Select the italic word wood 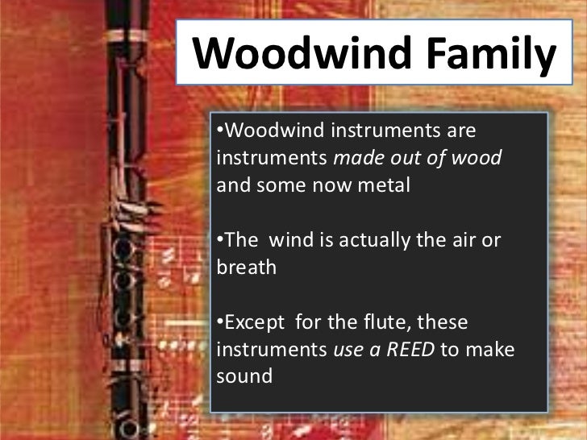click(x=481, y=158)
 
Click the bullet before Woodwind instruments click(x=219, y=131)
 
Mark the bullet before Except click(x=219, y=323)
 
